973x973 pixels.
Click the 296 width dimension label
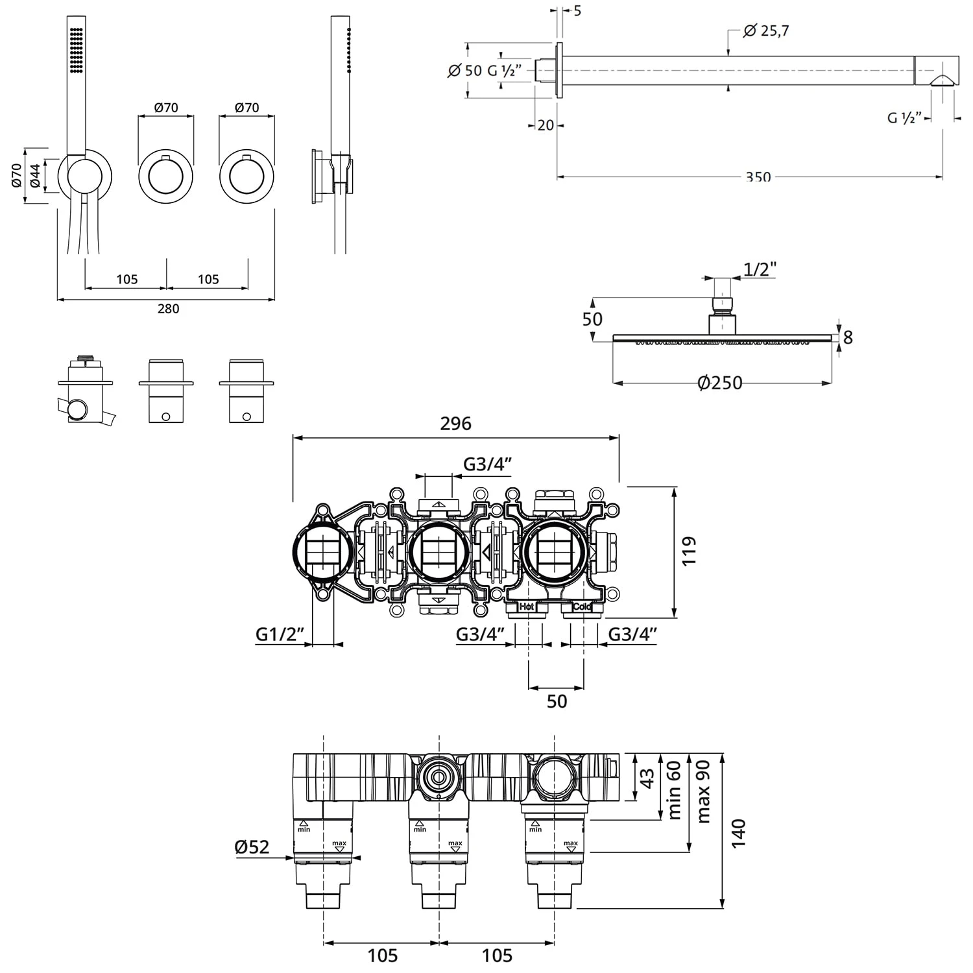pos(455,424)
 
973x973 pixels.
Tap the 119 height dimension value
pos(689,550)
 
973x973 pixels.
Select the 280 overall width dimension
pos(168,309)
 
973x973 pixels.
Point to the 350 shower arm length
pos(758,177)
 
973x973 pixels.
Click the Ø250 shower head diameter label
pos(719,383)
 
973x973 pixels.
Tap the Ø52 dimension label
pos(252,847)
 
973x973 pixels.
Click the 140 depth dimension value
pos(738,832)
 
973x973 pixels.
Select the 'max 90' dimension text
pos(704,791)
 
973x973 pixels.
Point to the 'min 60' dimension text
pos(675,790)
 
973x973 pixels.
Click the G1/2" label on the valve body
pos(280,634)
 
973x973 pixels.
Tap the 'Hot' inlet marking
pos(526,607)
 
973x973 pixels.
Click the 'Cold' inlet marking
pos(581,607)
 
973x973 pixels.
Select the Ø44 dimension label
pos(35,176)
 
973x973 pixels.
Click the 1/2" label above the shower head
pos(760,269)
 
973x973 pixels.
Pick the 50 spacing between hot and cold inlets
pos(557,701)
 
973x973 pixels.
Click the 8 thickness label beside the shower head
pos(847,337)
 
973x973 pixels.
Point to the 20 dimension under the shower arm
pos(546,125)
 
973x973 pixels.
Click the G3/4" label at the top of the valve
pos(488,464)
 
